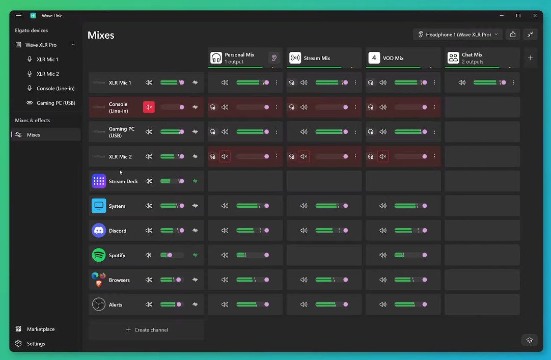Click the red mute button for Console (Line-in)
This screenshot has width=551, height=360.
(149, 107)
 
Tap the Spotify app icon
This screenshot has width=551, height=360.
(99, 255)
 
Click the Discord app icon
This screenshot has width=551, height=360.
(99, 230)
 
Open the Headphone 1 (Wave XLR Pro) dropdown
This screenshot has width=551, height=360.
(457, 35)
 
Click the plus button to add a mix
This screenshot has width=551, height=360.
(530, 58)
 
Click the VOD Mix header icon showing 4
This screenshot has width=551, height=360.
(374, 58)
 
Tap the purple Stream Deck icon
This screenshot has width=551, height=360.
(99, 181)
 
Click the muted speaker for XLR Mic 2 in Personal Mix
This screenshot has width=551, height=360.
(225, 156)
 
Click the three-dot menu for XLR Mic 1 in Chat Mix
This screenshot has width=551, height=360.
(513, 82)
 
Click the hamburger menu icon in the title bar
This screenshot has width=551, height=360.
(19, 15)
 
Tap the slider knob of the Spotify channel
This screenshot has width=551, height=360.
(170, 255)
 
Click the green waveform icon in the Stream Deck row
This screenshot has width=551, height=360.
(195, 181)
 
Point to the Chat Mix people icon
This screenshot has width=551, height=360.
(453, 58)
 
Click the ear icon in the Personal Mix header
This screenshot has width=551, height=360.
(274, 58)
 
